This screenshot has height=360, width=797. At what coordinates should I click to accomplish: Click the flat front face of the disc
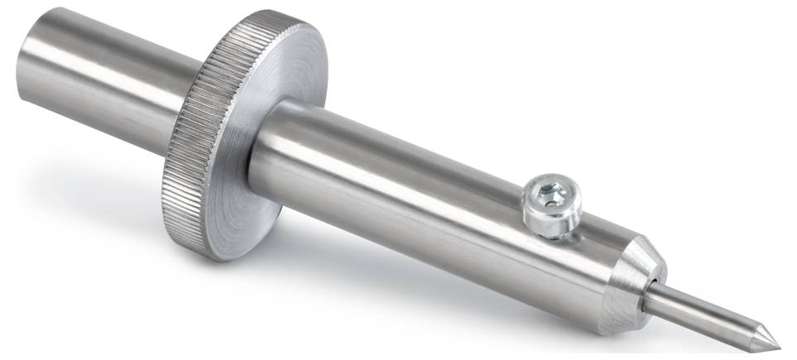pyautogui.click(x=290, y=83)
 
